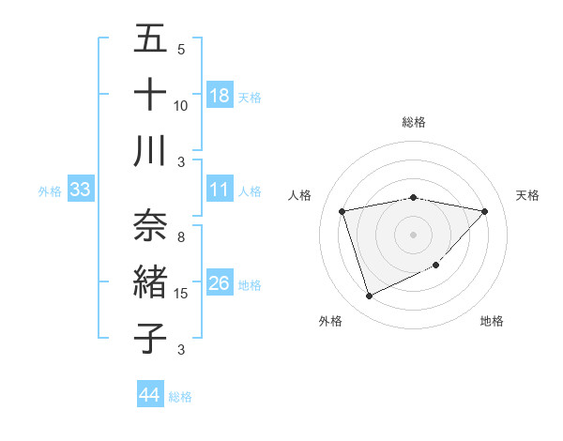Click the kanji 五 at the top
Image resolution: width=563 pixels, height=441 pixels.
pyautogui.click(x=150, y=38)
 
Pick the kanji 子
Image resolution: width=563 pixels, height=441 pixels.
pyautogui.click(x=150, y=338)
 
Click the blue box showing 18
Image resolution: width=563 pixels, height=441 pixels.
pyautogui.click(x=220, y=96)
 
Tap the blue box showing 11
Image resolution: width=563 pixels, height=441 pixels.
pyautogui.click(x=220, y=190)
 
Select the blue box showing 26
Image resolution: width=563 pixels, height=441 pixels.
pyautogui.click(x=220, y=284)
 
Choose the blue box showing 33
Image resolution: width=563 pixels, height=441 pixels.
pyautogui.click(x=80, y=190)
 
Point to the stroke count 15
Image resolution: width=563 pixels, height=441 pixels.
pyautogui.click(x=181, y=294)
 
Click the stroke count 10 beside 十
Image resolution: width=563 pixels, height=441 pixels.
pyautogui.click(x=181, y=105)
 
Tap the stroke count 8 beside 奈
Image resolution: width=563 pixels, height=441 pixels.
pyautogui.click(x=181, y=237)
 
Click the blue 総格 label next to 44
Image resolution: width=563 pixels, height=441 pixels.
pyautogui.click(x=180, y=397)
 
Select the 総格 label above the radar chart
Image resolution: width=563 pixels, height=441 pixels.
pyautogui.click(x=414, y=122)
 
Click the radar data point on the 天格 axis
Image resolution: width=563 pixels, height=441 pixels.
pyautogui.click(x=485, y=211)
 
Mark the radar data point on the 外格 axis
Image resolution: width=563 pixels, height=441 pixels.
pyautogui.click(x=369, y=297)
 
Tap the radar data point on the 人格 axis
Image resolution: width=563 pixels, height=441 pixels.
pyautogui.click(x=342, y=211)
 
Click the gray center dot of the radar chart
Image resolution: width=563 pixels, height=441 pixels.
pyautogui.click(x=414, y=234)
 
